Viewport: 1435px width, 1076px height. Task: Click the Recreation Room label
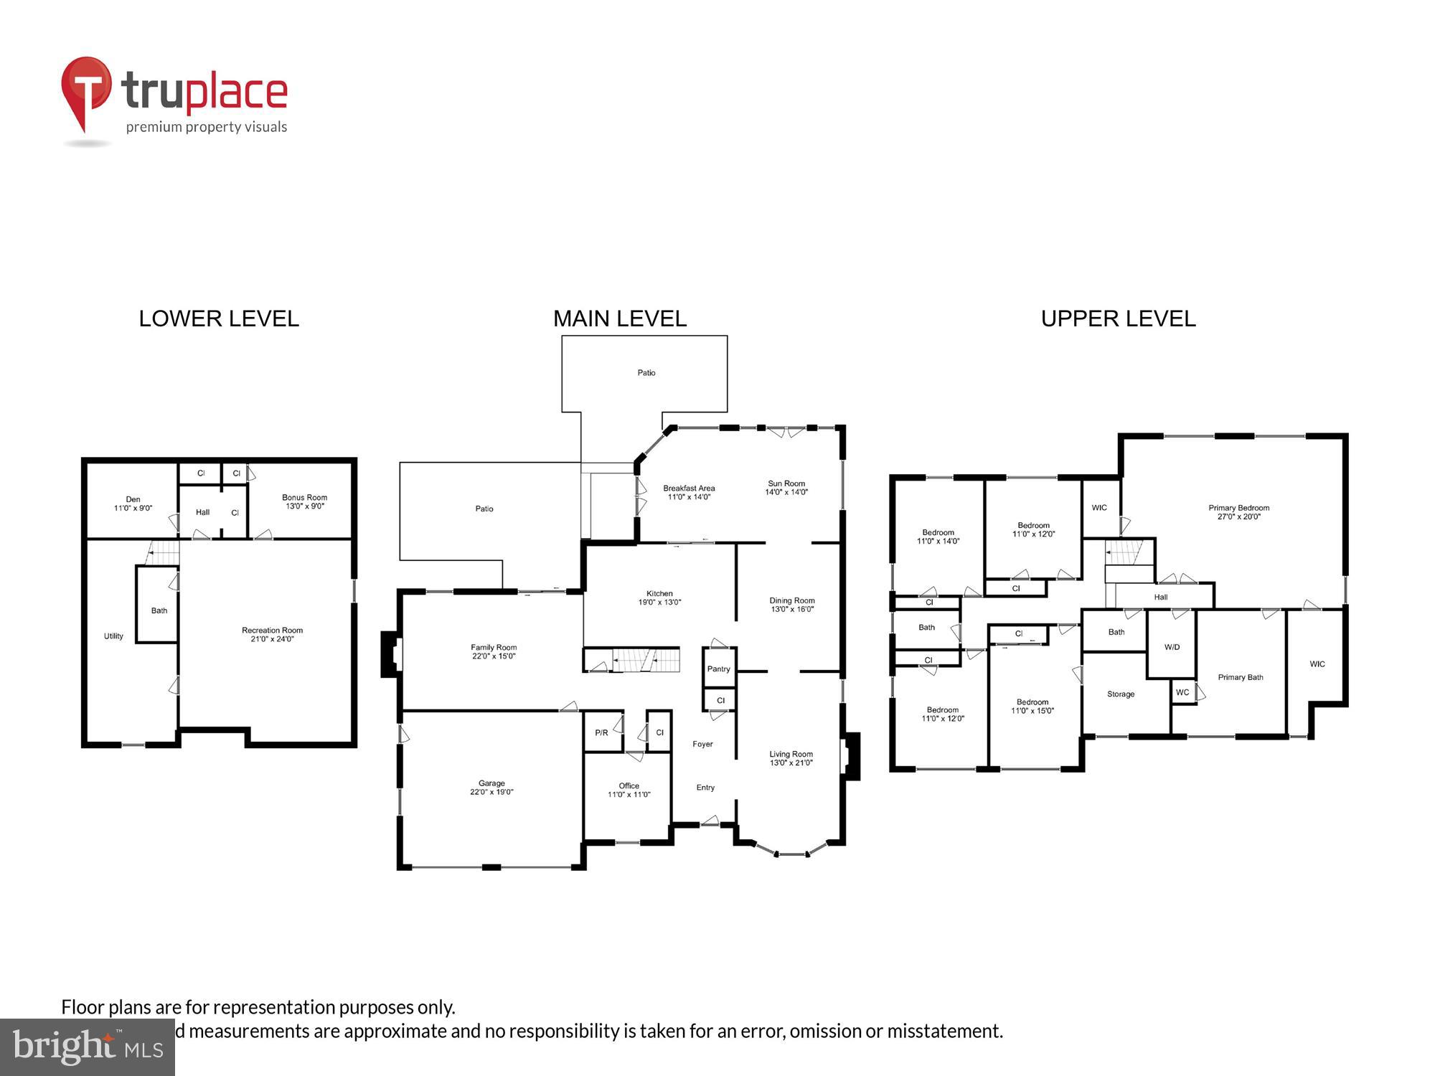(272, 631)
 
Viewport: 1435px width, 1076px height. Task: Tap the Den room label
(133, 499)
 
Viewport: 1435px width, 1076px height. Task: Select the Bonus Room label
(304, 497)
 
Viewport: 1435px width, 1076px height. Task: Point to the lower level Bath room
(159, 610)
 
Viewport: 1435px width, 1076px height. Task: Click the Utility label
(113, 636)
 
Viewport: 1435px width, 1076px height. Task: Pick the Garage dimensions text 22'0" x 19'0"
(491, 792)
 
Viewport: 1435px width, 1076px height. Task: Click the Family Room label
(494, 647)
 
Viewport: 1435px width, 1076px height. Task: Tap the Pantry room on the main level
(718, 669)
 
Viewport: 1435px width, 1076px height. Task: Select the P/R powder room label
(601, 732)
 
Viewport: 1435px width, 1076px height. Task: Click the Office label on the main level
(629, 785)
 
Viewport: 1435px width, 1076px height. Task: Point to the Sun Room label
(786, 483)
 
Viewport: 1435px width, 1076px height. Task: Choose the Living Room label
(791, 754)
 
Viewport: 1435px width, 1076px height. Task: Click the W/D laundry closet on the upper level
(1172, 647)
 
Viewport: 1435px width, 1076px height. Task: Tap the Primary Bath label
(1241, 677)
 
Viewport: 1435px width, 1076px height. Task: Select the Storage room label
(1120, 694)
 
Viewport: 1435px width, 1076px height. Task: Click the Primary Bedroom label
(1238, 508)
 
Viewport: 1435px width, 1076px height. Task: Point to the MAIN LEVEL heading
(620, 318)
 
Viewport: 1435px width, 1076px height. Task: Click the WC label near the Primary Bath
(1182, 692)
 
